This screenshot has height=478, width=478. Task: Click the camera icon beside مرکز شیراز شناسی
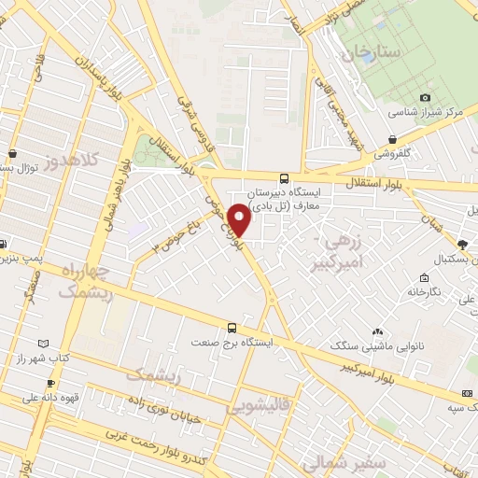point(425,97)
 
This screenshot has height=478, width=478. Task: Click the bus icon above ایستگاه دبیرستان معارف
point(284,177)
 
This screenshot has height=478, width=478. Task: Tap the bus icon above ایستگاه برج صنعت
point(232,328)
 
